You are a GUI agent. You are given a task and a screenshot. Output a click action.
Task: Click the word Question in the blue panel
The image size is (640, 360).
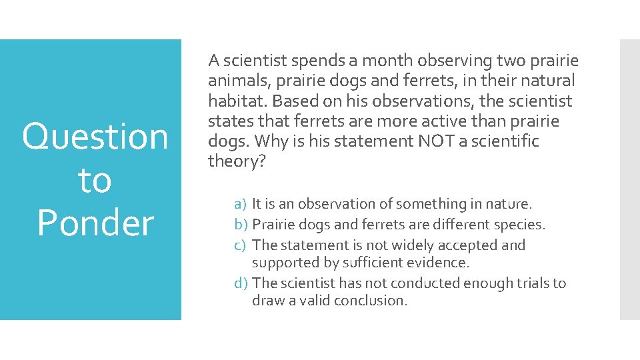[x=95, y=137]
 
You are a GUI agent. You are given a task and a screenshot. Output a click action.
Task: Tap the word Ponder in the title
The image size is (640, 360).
[x=95, y=223]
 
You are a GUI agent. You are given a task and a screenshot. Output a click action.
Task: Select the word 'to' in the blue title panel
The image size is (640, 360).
[x=95, y=181]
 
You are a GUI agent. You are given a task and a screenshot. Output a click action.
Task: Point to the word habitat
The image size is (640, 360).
[x=237, y=101]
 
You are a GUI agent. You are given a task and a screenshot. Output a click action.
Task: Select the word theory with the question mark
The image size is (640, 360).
[x=237, y=161]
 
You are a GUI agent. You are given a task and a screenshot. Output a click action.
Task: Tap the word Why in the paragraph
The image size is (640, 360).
[x=271, y=141]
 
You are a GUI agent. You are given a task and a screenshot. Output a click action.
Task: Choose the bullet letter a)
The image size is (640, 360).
[x=241, y=204]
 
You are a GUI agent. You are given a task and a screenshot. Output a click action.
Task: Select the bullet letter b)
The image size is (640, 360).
[x=241, y=225]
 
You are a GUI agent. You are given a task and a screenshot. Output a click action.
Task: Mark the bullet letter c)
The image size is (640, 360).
[x=241, y=245]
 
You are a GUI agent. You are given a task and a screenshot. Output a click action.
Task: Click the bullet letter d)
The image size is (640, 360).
[x=241, y=283]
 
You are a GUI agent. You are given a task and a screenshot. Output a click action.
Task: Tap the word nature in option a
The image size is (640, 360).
[x=510, y=204]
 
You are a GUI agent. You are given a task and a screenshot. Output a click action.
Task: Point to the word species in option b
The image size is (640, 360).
[x=521, y=225]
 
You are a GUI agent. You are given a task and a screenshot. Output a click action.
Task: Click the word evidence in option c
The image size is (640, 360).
[x=444, y=263]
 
